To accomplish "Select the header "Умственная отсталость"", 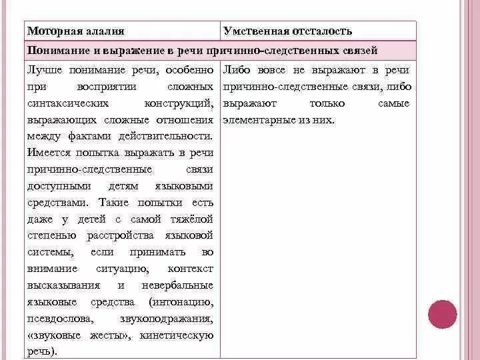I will point(288,31).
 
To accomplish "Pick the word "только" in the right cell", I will point(327,103).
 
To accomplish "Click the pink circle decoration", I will point(442,314).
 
